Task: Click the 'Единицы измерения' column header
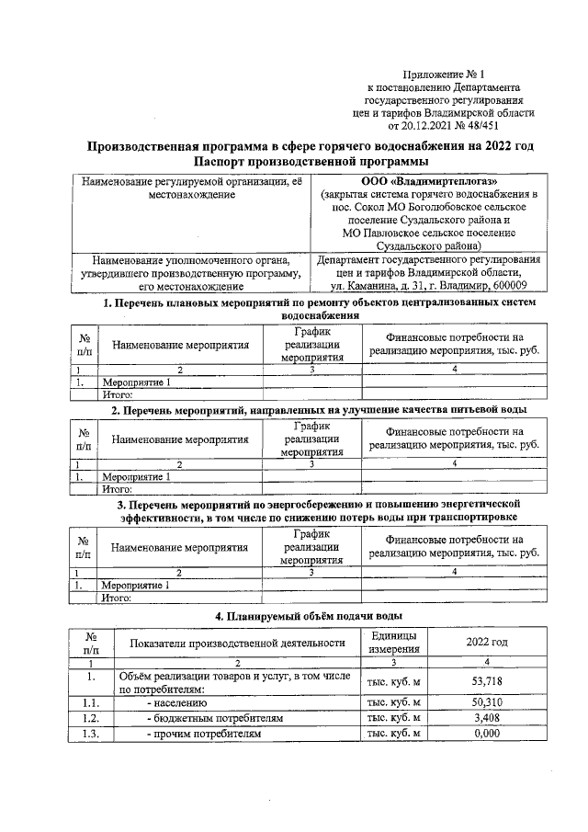pos(392,642)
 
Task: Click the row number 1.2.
pos(91,717)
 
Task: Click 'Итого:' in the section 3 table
pos(117,597)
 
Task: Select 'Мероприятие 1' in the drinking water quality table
pos(136,477)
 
